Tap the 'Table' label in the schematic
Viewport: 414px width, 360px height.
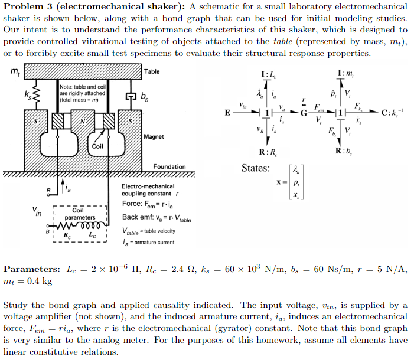[x=152, y=72]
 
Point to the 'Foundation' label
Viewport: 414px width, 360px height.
[x=169, y=167]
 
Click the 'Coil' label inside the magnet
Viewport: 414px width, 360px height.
[x=98, y=146]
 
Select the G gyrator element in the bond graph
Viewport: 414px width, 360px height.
[x=303, y=113]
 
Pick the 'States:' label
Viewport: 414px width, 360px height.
[x=256, y=169]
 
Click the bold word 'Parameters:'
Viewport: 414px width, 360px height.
[x=30, y=269]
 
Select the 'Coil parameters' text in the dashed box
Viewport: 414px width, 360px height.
[x=78, y=214]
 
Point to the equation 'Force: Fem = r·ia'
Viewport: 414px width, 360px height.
[x=151, y=204]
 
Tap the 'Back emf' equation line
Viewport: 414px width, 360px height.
[x=157, y=217]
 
